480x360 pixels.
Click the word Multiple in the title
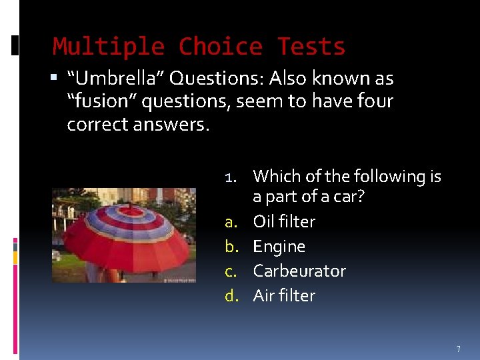(x=109, y=47)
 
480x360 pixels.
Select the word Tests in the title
(x=311, y=47)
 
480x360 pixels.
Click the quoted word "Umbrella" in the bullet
(x=116, y=79)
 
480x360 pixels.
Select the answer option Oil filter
(x=284, y=221)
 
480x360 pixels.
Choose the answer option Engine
(x=279, y=247)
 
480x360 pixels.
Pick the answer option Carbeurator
(x=299, y=271)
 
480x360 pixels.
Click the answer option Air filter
(x=284, y=295)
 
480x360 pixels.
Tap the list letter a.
(x=231, y=222)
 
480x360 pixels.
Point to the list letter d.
(x=231, y=296)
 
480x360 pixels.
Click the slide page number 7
(x=458, y=349)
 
